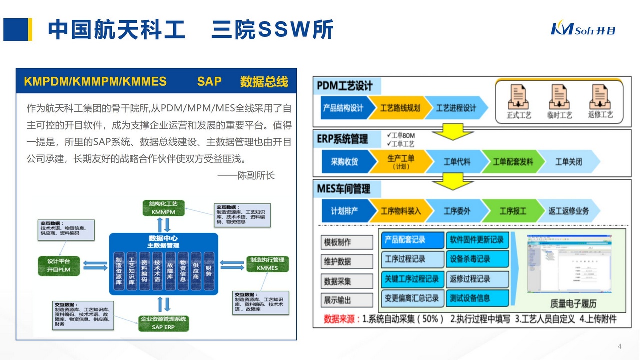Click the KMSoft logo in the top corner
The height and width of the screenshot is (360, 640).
click(583, 29)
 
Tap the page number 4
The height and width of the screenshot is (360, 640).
click(620, 347)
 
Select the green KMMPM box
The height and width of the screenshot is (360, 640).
click(164, 208)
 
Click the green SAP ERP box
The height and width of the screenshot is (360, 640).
click(163, 323)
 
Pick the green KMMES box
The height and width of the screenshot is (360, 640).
click(267, 264)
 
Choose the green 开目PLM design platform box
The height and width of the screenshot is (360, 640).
click(59, 265)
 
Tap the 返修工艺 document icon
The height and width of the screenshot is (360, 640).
click(600, 97)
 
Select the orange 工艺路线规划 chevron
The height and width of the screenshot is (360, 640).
click(400, 108)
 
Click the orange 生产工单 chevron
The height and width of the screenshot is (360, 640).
click(400, 161)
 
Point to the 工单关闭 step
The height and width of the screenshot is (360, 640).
click(569, 162)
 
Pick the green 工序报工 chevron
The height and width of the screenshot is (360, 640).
click(512, 211)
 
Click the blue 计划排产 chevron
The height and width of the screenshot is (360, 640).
click(345, 211)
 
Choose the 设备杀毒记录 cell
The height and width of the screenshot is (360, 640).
click(477, 259)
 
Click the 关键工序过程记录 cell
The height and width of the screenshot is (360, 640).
click(412, 279)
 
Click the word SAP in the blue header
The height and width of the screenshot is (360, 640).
click(209, 81)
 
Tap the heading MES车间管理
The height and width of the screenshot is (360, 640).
click(344, 189)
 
